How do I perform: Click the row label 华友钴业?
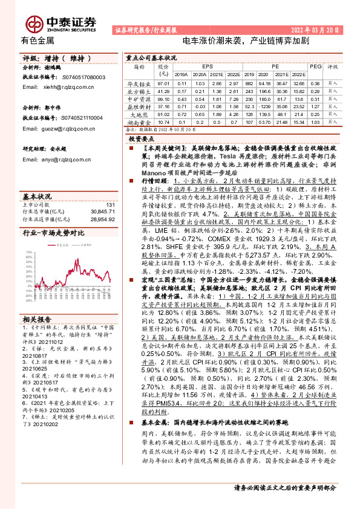point(139,83)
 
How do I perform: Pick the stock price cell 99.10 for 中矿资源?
point(163,99)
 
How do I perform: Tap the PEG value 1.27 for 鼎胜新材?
point(315,106)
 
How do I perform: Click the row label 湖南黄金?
point(139,121)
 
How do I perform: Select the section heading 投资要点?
point(142,139)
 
